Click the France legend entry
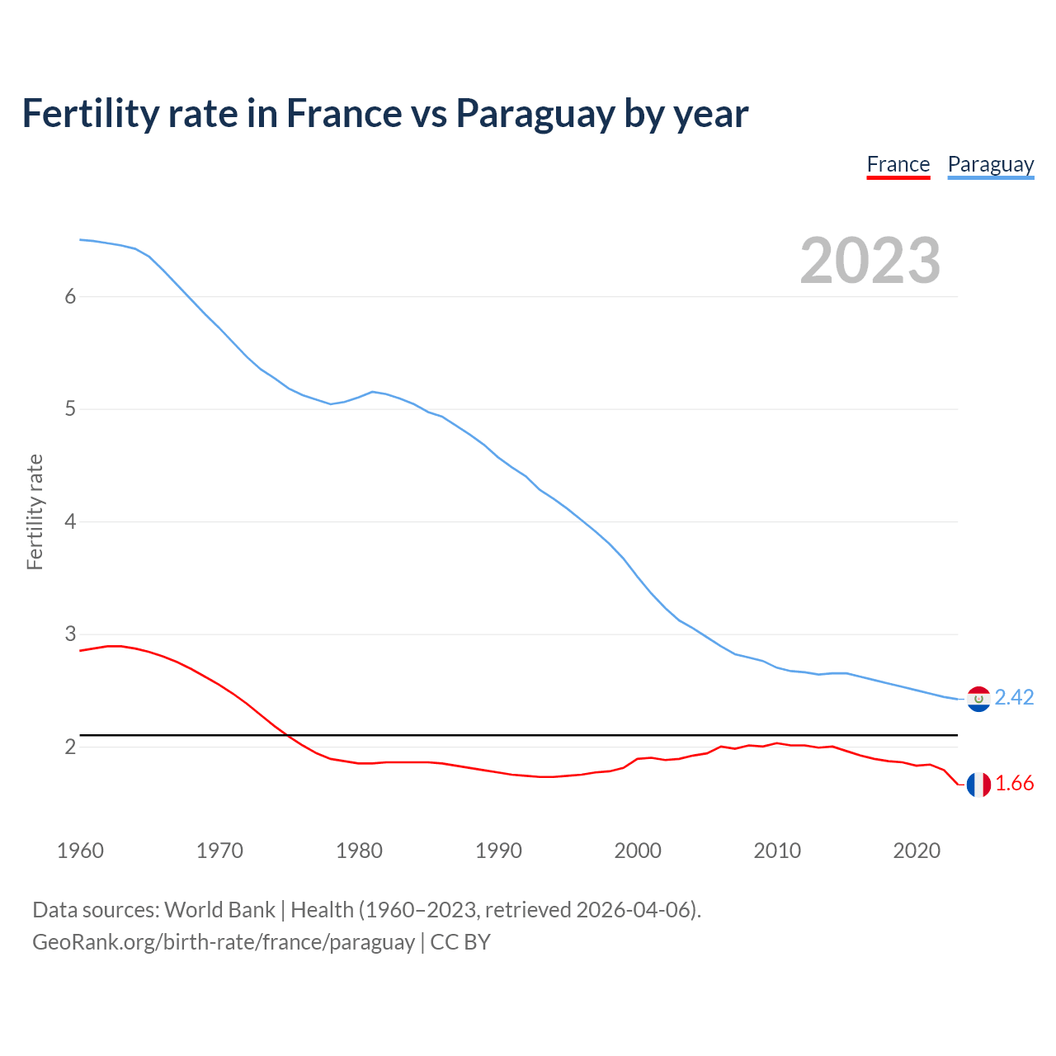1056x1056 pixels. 898,164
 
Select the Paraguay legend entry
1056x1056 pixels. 990,164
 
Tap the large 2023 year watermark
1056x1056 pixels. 870,261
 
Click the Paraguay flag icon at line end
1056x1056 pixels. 978,699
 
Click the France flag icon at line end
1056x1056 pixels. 978,785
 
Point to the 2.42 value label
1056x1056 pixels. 1014,698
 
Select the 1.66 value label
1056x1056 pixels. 1014,784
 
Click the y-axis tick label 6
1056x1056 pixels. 70,297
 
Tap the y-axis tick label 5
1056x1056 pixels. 70,409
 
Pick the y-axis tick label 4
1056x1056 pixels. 70,522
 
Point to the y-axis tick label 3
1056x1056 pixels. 70,634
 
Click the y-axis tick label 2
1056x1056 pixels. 70,747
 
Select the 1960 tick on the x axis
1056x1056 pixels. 80,851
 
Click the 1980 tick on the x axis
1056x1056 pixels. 359,851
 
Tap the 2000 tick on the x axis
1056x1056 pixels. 638,851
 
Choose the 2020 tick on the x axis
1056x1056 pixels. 917,851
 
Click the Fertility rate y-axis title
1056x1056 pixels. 35,511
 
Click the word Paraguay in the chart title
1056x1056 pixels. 535,114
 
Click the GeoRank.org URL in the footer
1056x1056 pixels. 224,942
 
